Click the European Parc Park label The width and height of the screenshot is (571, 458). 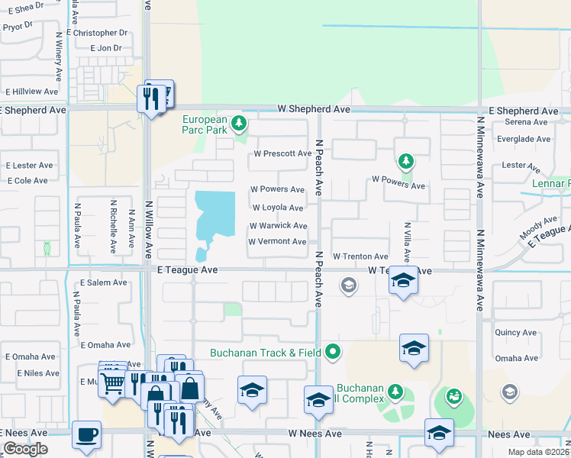(x=205, y=125)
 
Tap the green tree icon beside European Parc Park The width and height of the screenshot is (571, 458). (x=240, y=122)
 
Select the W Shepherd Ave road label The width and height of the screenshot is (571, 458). (x=314, y=110)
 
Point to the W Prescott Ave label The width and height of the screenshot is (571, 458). (x=282, y=153)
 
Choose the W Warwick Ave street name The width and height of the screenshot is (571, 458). (x=278, y=226)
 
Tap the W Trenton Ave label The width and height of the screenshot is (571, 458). (x=360, y=256)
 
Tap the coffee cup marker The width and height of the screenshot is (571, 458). (x=85, y=435)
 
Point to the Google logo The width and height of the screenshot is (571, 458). (x=25, y=449)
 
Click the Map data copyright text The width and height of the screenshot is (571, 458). (x=537, y=452)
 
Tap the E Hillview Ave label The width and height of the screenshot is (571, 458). (x=32, y=92)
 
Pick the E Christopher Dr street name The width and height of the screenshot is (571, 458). (x=97, y=33)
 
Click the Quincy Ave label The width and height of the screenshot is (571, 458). (x=515, y=333)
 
